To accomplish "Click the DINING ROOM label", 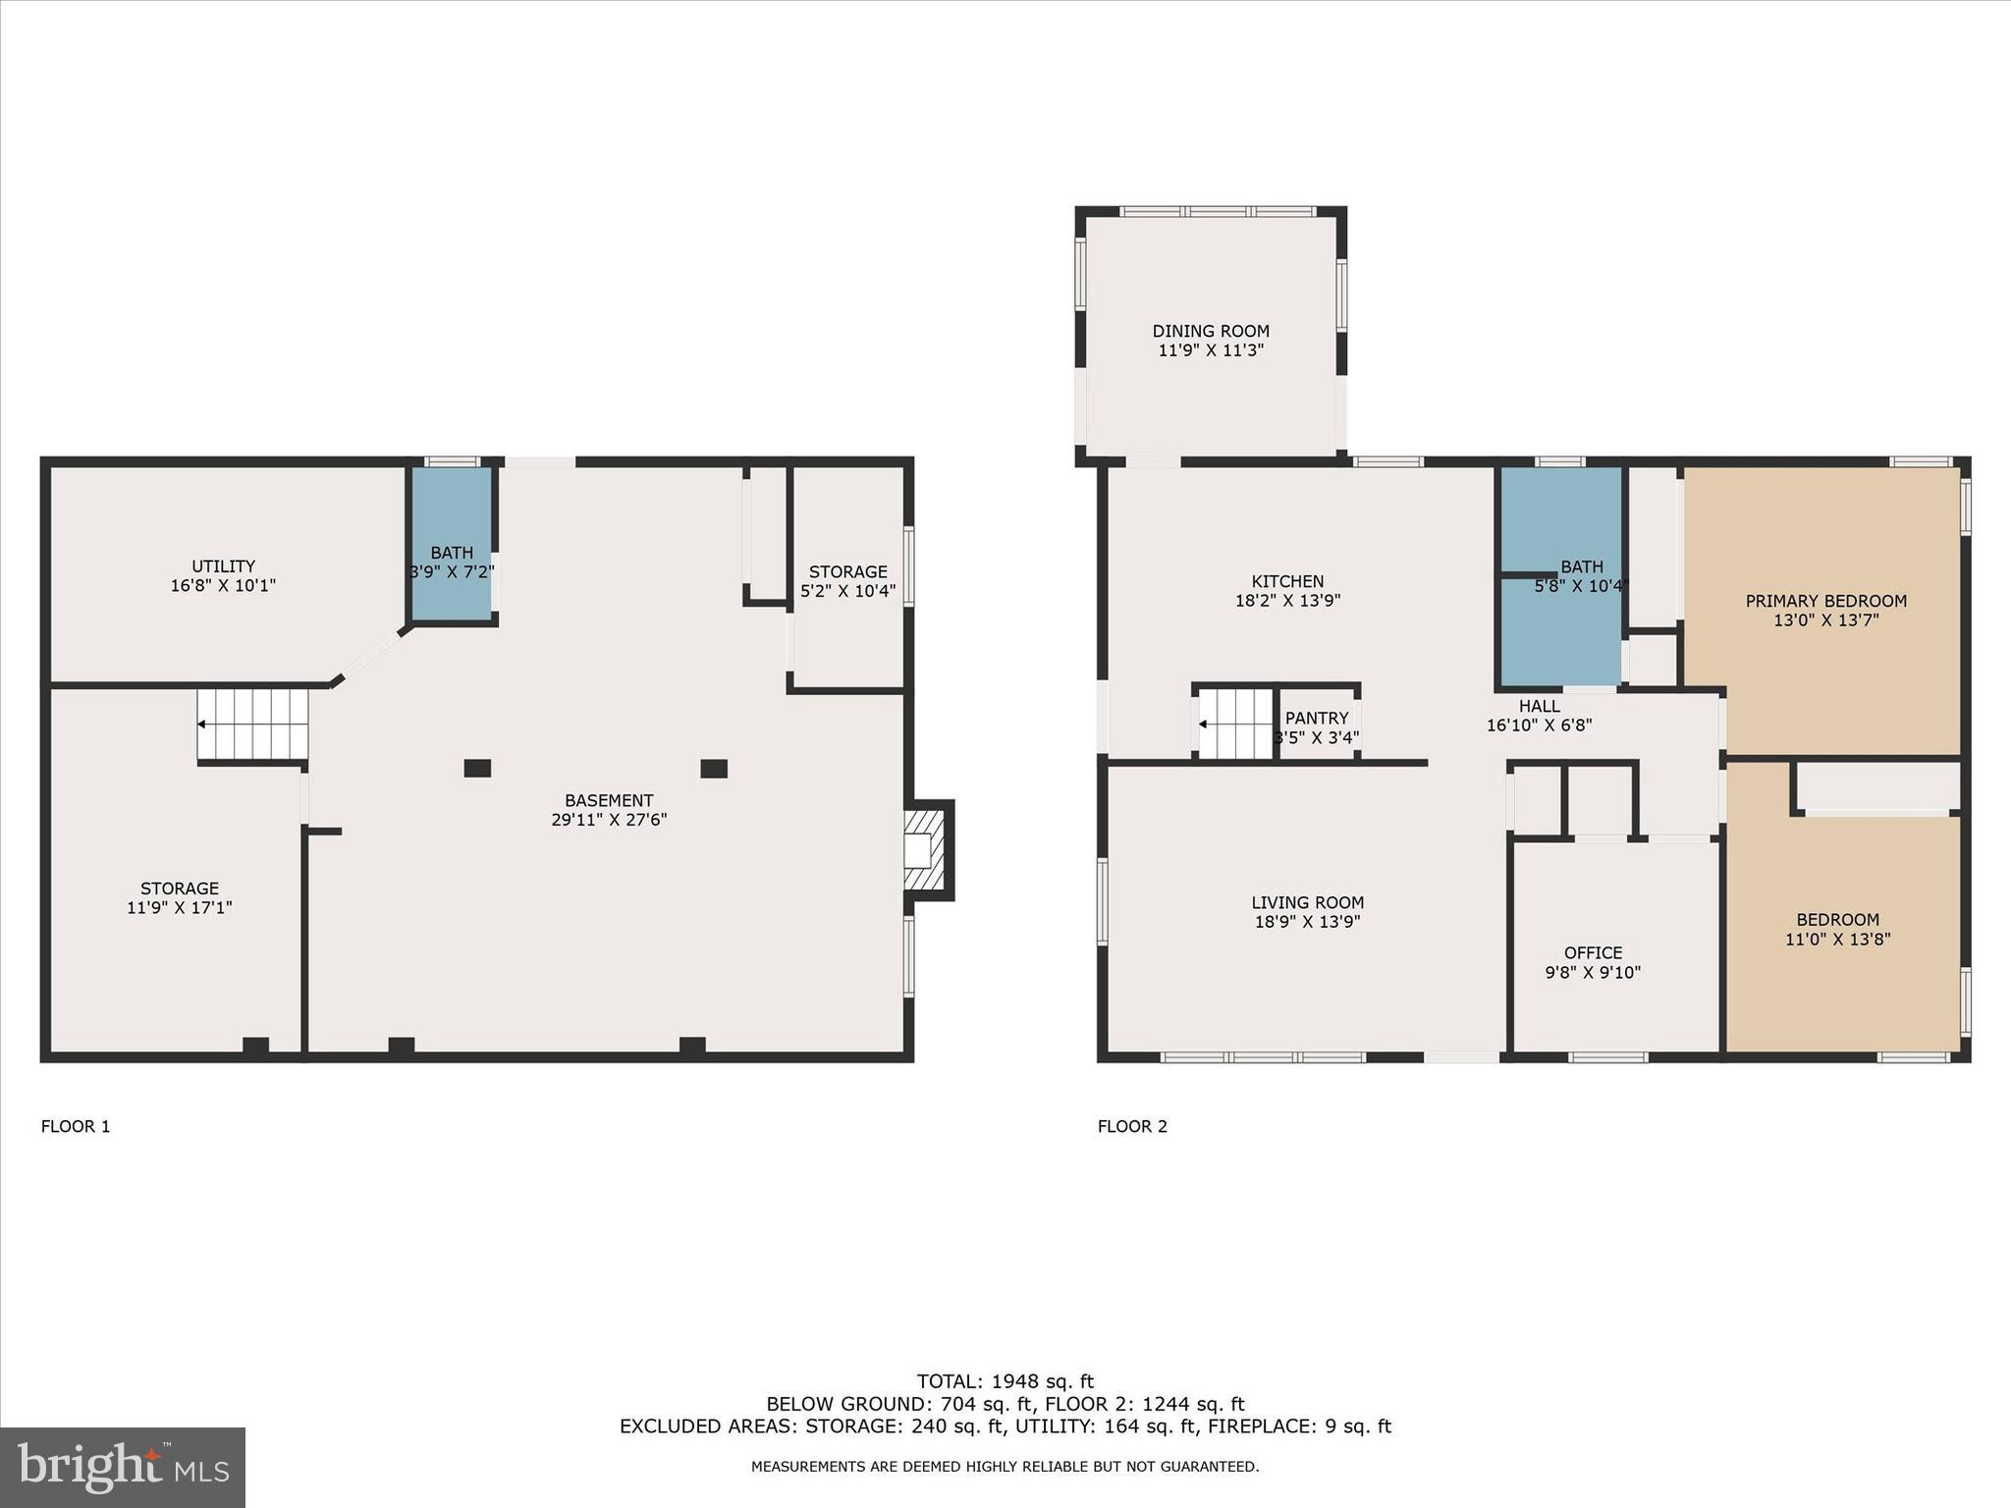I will coord(1210,331).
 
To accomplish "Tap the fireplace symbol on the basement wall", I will coord(925,850).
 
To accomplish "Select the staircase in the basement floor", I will coord(252,725).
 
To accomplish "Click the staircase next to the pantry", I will coord(1235,725).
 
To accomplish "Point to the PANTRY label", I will coord(1316,718).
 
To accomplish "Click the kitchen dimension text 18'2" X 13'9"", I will coord(1287,600).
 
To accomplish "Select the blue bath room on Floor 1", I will coord(451,545).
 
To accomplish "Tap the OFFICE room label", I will coord(1593,952).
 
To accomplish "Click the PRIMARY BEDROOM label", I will coord(1825,601).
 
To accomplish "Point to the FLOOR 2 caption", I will coord(1132,1126).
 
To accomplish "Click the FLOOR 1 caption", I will coord(76,1126).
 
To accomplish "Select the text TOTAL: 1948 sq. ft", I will coord(1005,1382).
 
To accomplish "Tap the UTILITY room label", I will coord(223,566).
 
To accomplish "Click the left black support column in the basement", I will coord(477,769).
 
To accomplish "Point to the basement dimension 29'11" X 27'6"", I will coord(609,819).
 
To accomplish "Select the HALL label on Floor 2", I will coord(1539,706).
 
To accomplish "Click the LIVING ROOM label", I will coord(1307,902).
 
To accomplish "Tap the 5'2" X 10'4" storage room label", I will coord(847,591).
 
